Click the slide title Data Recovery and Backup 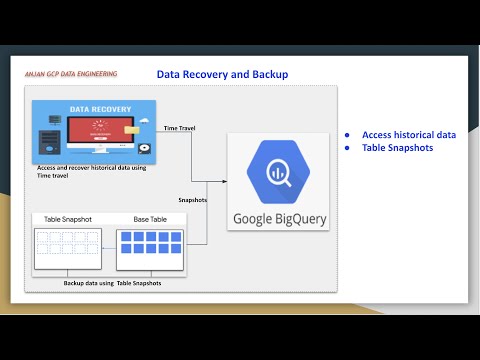pos(222,75)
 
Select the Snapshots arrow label pos(191,199)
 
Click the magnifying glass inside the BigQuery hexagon pos(272,171)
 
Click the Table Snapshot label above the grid pos(68,219)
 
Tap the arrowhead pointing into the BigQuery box pos(223,181)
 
